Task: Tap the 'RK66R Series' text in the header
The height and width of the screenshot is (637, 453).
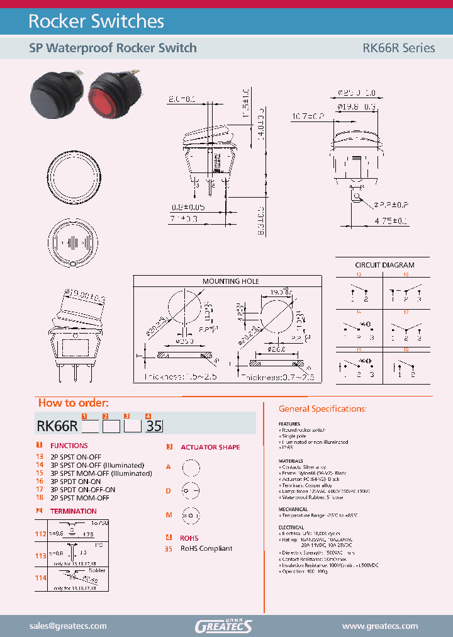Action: click(x=398, y=48)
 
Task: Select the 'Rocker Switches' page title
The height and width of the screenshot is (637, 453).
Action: click(x=96, y=21)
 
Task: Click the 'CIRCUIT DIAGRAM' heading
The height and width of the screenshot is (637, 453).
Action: click(x=384, y=265)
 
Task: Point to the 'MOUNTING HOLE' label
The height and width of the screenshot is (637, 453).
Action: click(x=230, y=281)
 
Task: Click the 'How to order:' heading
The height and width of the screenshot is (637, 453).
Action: click(x=73, y=403)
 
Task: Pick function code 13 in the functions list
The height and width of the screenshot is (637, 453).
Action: click(x=39, y=457)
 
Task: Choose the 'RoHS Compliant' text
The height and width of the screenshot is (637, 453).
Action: click(x=206, y=548)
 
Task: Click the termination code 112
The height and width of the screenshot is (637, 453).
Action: click(x=41, y=534)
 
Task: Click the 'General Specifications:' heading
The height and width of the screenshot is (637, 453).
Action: click(x=322, y=409)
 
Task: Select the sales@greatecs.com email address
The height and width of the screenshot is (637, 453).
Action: click(x=68, y=626)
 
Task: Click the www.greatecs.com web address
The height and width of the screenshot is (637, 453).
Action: click(x=379, y=626)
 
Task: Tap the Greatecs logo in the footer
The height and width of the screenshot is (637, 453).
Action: click(x=224, y=626)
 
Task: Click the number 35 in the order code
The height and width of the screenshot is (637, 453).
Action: click(x=154, y=426)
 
